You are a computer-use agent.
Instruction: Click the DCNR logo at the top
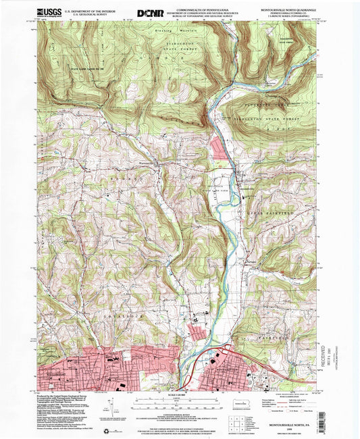point(149,13)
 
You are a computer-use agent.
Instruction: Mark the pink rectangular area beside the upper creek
point(222,146)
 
